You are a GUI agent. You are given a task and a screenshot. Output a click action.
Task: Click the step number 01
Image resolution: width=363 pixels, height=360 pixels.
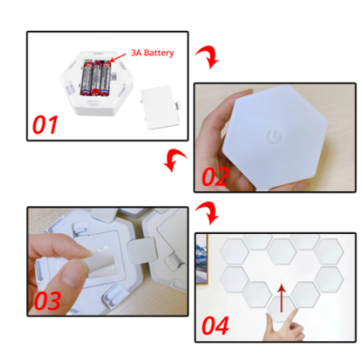pyautogui.click(x=44, y=125)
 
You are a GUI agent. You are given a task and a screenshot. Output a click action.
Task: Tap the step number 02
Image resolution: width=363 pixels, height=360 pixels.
pyautogui.click(x=214, y=177)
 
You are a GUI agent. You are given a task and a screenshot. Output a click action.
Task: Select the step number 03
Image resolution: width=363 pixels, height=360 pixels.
pyautogui.click(x=47, y=301)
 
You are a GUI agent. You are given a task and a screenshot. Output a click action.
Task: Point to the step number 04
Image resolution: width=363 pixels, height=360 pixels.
pyautogui.click(x=215, y=326)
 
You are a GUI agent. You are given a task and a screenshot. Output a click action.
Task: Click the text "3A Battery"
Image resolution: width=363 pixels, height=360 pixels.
pyautogui.click(x=152, y=53)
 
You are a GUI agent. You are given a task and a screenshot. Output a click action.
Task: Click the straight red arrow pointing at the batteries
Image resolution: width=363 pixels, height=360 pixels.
pyautogui.click(x=118, y=57)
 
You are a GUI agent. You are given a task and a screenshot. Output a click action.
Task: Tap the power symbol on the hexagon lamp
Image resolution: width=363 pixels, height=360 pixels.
pyautogui.click(x=274, y=138)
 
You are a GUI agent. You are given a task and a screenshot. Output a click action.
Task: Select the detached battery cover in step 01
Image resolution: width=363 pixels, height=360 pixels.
pyautogui.click(x=160, y=107)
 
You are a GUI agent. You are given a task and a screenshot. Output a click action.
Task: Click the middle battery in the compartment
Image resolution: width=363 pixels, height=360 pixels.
pyautogui.click(x=96, y=77)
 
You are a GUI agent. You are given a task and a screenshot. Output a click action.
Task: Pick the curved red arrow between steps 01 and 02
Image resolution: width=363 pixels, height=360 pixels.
pyautogui.click(x=208, y=57)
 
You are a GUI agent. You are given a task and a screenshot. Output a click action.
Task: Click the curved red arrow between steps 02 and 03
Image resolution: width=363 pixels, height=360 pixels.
pyautogui.click(x=174, y=160)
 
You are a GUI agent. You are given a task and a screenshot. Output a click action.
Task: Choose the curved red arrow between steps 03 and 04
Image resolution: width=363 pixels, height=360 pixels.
pyautogui.click(x=208, y=212)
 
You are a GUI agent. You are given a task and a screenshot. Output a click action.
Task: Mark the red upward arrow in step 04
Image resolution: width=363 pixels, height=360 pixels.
pyautogui.click(x=281, y=297)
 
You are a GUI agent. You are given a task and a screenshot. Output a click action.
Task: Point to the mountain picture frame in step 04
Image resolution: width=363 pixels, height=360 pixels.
pyautogui.click(x=201, y=259)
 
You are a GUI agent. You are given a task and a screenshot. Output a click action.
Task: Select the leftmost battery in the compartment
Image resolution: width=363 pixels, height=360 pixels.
pyautogui.click(x=86, y=79)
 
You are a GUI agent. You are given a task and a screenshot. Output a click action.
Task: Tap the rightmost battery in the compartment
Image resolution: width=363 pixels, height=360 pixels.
pyautogui.click(x=105, y=78)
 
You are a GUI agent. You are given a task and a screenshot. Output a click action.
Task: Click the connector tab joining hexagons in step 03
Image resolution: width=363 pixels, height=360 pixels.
pyautogui.click(x=142, y=248)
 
